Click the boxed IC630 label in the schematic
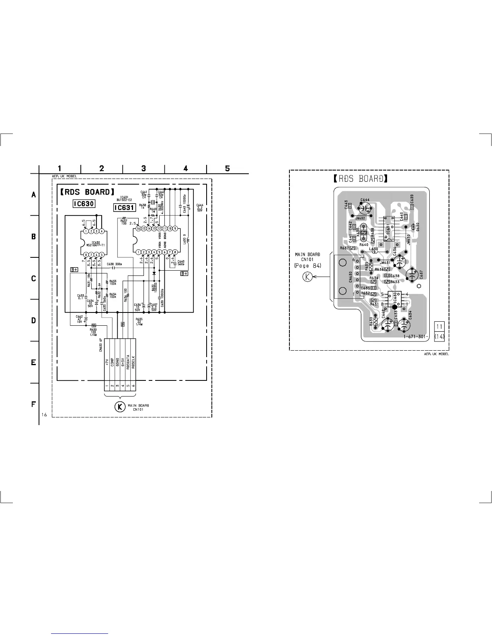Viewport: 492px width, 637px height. point(84,204)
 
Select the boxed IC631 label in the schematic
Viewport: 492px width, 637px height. point(124,208)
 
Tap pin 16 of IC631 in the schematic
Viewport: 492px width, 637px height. point(138,228)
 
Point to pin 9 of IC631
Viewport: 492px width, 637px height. point(175,228)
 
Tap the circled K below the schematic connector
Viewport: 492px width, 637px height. point(119,407)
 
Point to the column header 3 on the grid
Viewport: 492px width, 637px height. point(143,168)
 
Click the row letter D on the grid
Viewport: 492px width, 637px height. point(34,321)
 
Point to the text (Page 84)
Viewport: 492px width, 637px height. point(307,266)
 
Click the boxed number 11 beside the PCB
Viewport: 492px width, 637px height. point(440,326)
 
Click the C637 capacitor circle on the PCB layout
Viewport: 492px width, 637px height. point(413,275)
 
